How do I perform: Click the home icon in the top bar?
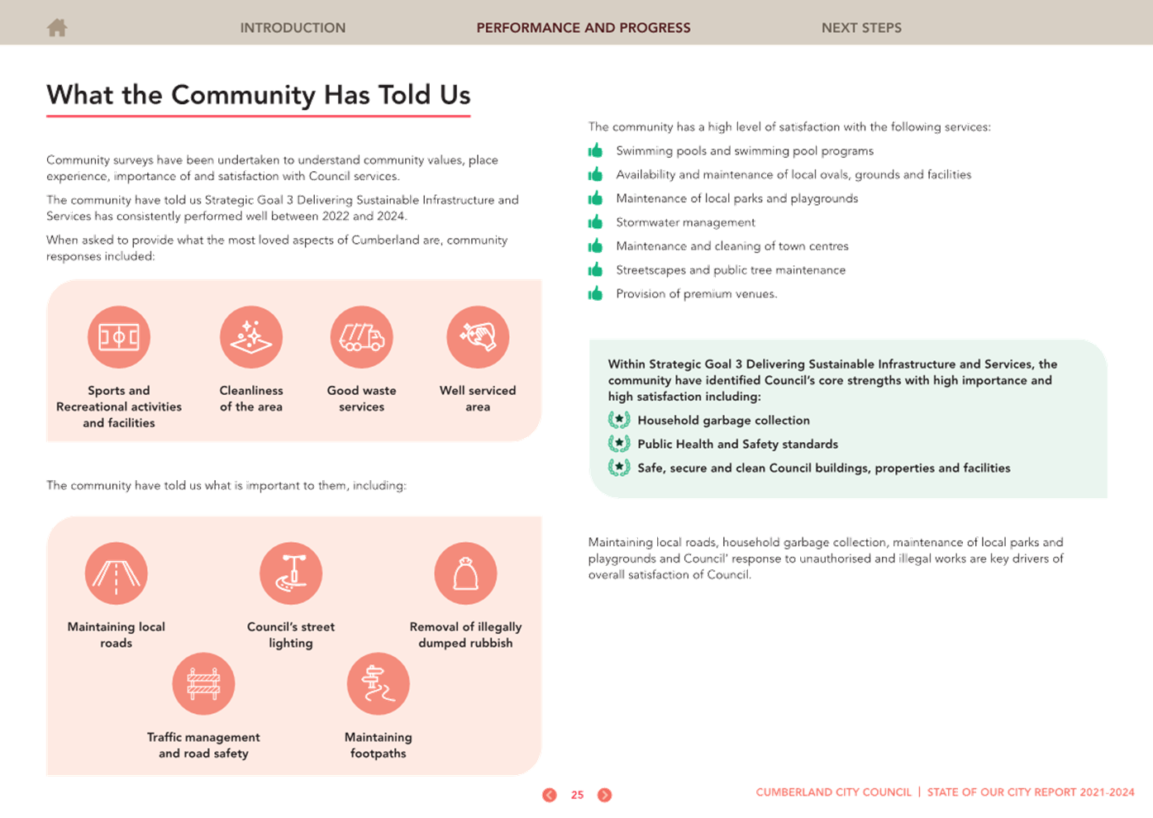pos(57,27)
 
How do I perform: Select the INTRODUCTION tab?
pos(293,28)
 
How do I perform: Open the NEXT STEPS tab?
pos(861,28)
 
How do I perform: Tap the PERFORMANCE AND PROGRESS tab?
pos(584,28)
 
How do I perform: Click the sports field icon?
pos(119,337)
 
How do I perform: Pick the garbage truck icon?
pos(361,337)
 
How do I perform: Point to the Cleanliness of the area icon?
pos(251,337)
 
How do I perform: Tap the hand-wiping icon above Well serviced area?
pos(478,337)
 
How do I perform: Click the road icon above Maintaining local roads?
pos(117,573)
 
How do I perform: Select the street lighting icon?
pos(291,573)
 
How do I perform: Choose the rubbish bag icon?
pos(465,573)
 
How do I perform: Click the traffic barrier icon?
pos(203,683)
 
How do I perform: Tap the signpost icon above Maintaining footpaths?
pos(379,683)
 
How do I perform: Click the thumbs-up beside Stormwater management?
pos(596,221)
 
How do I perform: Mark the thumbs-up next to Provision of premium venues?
pos(596,293)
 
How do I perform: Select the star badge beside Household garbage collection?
pos(619,420)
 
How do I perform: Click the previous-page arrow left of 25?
pos(549,795)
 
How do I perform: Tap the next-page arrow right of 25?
pos(605,795)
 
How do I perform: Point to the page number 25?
pos(578,795)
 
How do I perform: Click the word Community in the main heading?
pos(242,96)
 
